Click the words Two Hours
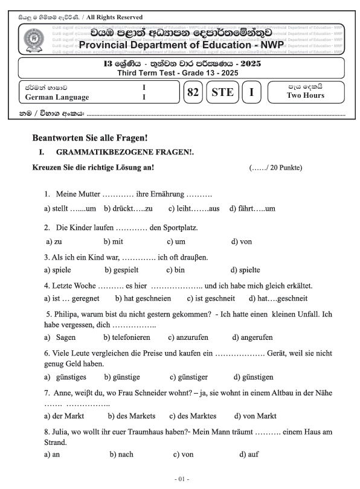[305, 96]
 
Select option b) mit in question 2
[113, 241]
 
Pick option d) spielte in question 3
[245, 270]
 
